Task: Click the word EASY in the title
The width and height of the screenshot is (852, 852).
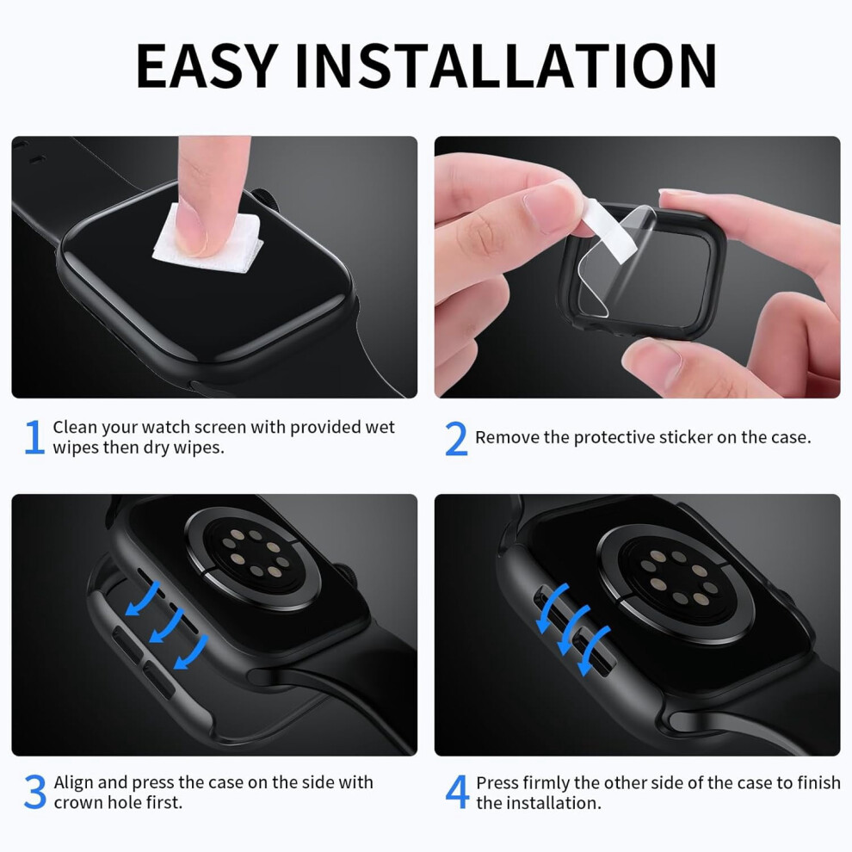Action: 207,65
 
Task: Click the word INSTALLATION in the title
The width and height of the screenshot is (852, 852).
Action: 506,65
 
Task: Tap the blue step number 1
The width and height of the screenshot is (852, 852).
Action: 34,436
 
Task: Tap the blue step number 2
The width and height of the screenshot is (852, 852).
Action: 456,438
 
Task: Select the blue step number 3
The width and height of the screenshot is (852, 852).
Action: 35,792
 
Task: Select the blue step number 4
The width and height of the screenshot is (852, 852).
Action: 457,792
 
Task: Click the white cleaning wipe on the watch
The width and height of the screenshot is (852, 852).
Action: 208,239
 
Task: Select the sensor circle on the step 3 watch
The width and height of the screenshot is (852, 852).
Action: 254,559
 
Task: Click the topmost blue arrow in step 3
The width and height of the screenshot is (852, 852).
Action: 144,600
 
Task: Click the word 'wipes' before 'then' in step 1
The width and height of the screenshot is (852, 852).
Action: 75,448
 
